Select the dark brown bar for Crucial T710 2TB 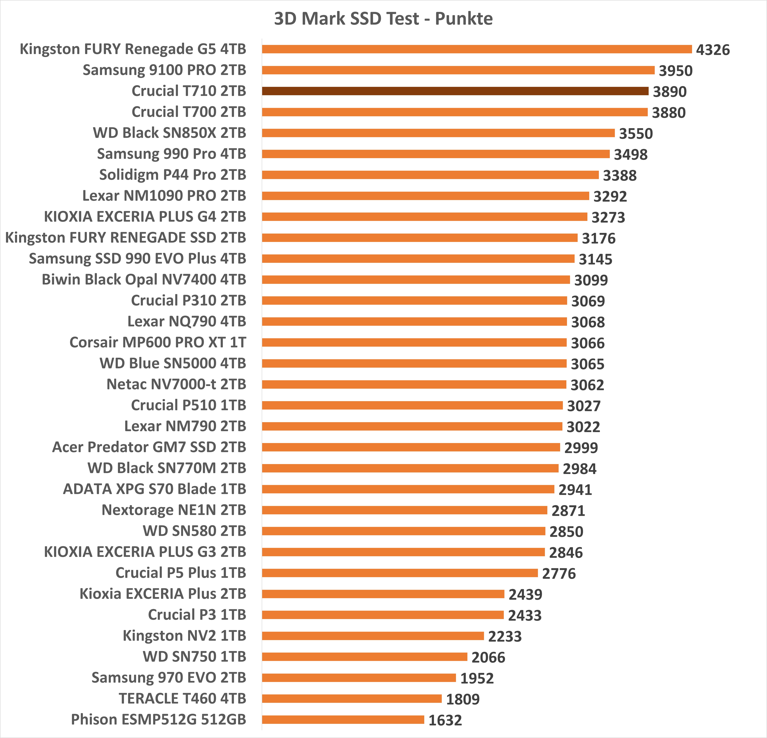455,91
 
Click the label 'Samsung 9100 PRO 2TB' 164,70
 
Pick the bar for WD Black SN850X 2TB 438,133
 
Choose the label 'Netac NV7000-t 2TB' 176,384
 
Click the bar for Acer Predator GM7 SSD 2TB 411,447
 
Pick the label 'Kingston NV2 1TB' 184,636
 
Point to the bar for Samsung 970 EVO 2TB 359,678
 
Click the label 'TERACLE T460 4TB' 182,699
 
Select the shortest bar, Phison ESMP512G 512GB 343,720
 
